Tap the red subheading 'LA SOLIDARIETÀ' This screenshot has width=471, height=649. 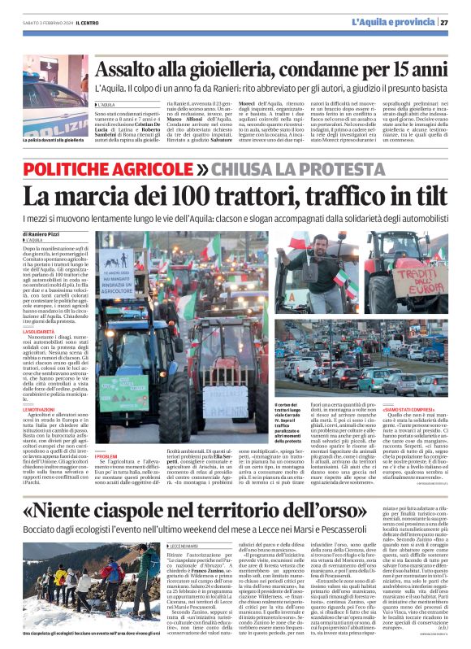click(x=39, y=332)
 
